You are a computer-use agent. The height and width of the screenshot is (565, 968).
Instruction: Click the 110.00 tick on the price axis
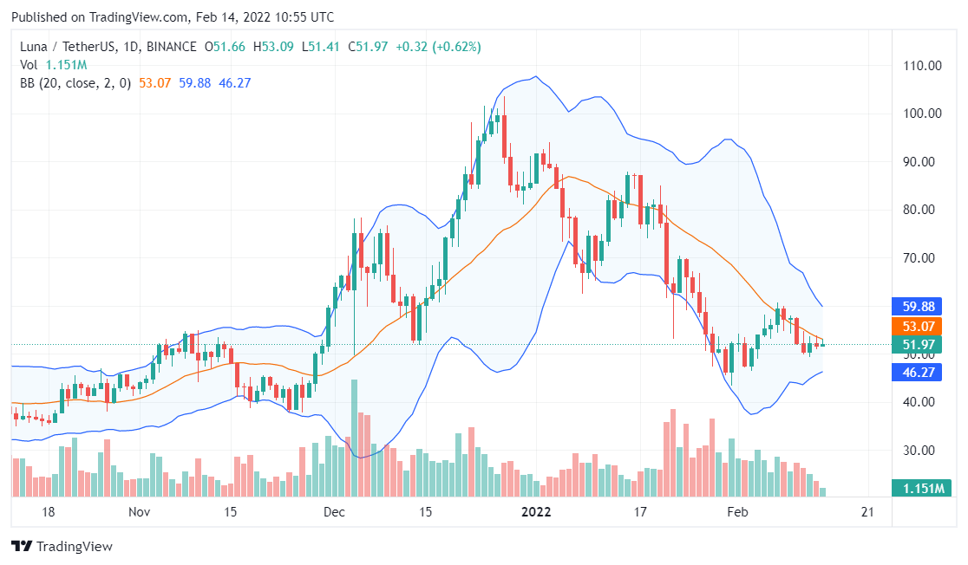pyautogui.click(x=923, y=65)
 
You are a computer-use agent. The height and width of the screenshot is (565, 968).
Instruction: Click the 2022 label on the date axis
pyautogui.click(x=536, y=512)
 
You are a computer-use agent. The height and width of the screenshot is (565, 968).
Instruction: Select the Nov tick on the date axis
pyautogui.click(x=140, y=512)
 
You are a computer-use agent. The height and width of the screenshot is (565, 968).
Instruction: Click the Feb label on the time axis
pyautogui.click(x=737, y=512)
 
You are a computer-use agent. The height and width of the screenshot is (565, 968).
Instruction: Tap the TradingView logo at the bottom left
pyautogui.click(x=62, y=547)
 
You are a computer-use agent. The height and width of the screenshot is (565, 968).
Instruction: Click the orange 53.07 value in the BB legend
pyautogui.click(x=154, y=83)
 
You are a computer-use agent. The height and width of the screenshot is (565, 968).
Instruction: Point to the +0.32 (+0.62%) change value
pyautogui.click(x=438, y=46)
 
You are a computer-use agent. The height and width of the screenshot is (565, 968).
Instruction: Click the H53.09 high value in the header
pyautogui.click(x=272, y=46)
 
